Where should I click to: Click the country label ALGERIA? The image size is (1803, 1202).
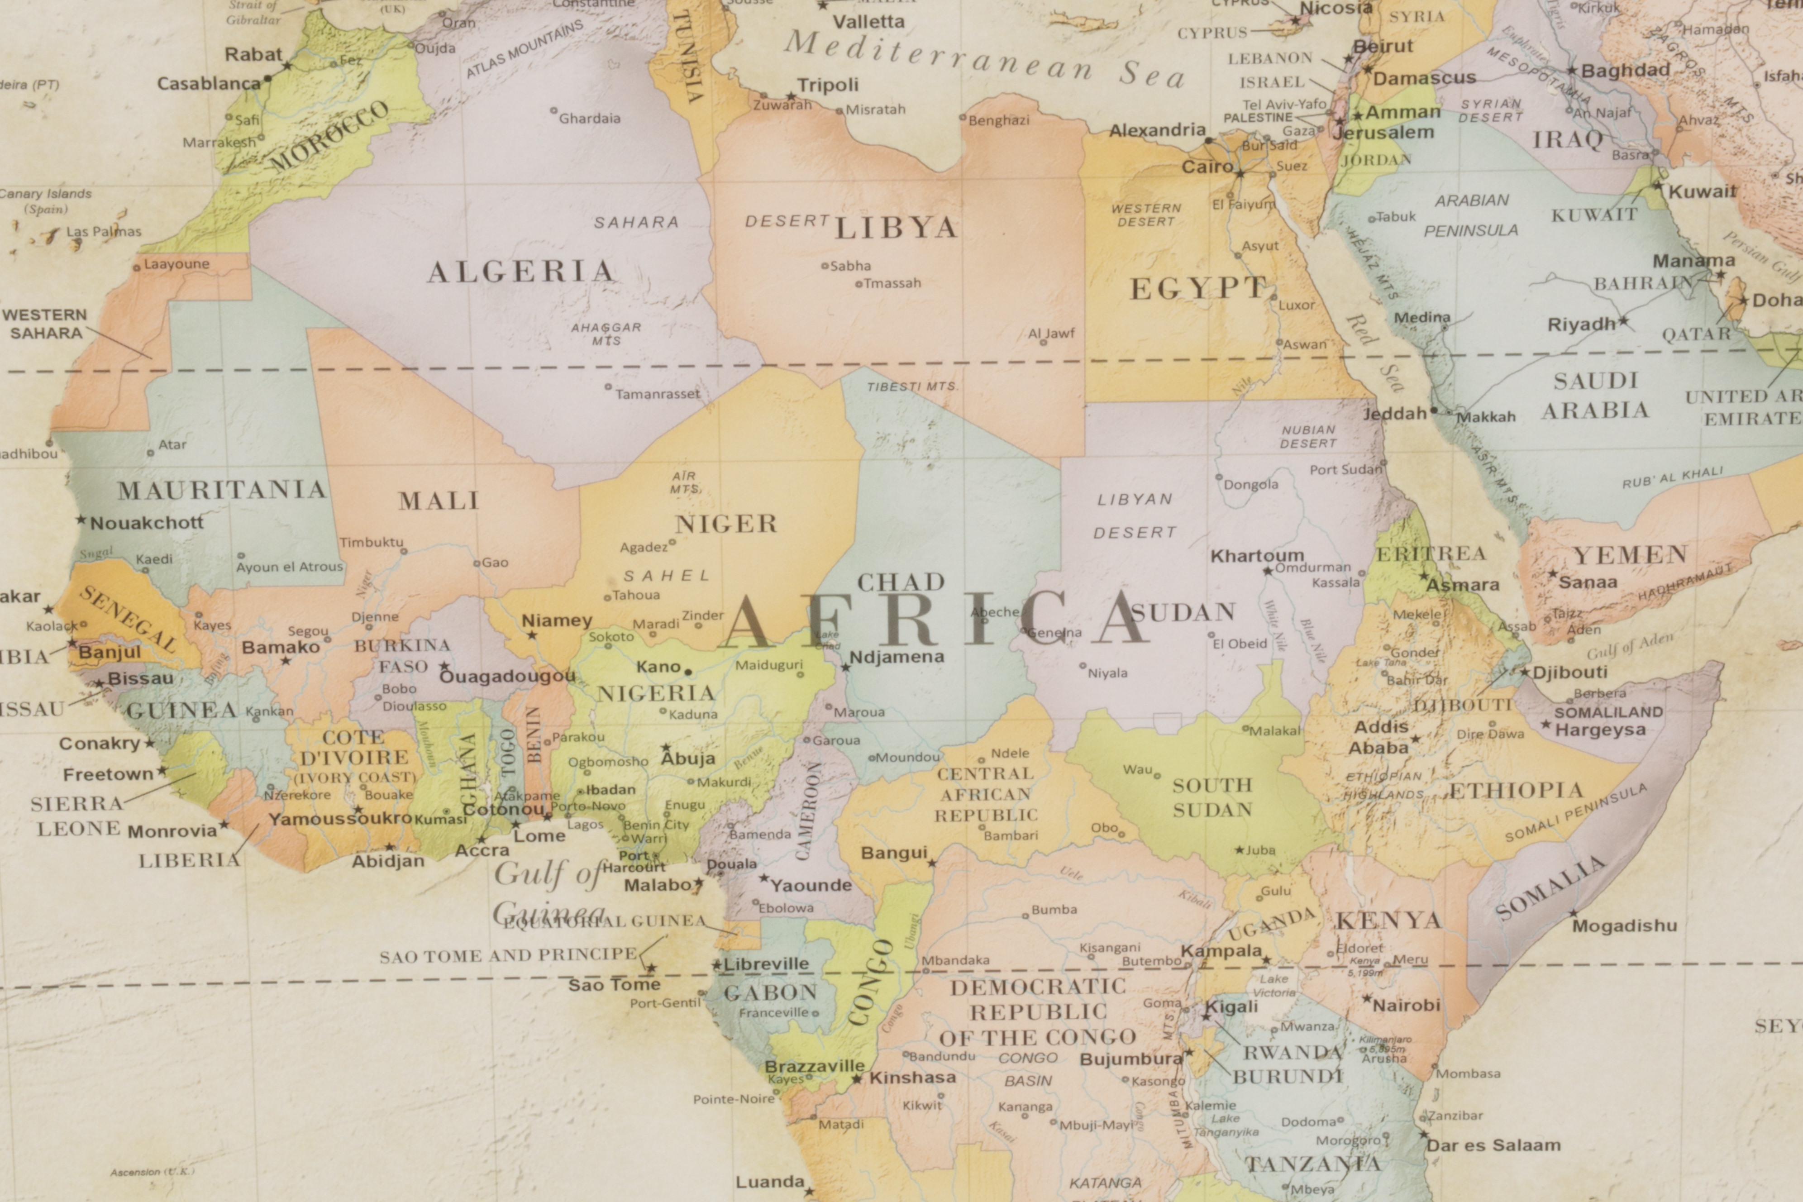[x=521, y=272]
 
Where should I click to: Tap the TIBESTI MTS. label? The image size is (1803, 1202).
[x=911, y=386]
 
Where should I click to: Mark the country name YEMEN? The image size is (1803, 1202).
[x=1630, y=554]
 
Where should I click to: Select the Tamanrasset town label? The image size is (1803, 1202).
[x=658, y=394]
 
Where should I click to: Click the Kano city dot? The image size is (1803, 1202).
[x=687, y=672]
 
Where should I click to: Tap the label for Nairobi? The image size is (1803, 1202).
[x=1407, y=1004]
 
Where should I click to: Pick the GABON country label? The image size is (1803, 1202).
[x=770, y=993]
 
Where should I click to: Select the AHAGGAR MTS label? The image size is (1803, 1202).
[x=606, y=334]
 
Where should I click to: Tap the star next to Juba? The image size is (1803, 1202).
[x=1239, y=849]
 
